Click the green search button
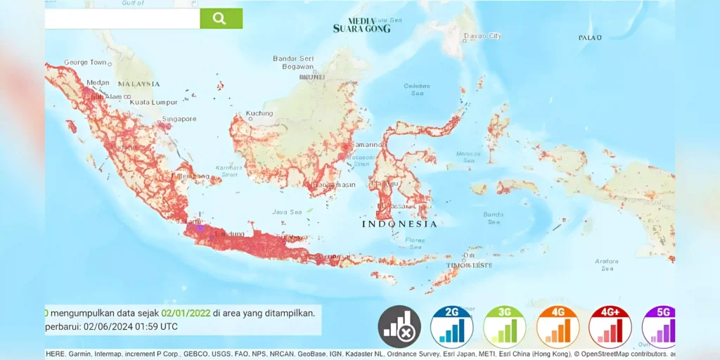221,18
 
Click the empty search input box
122,18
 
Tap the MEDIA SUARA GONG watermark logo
361,25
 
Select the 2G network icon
451,327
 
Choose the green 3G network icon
504,327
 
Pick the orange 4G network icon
558,327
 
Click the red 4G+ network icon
610,327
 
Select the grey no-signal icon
399,327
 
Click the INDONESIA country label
399,224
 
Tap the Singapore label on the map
179,119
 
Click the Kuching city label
259,113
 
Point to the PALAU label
589,37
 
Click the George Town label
85,63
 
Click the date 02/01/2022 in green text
186,313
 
